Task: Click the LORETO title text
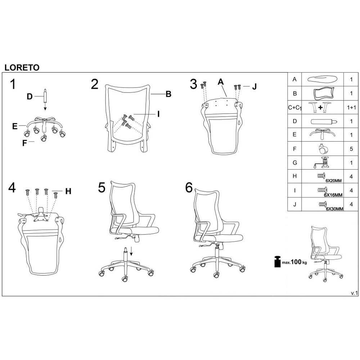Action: click(x=22, y=68)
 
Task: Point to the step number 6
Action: click(x=189, y=188)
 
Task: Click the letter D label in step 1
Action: click(x=30, y=96)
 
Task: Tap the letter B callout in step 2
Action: click(x=168, y=94)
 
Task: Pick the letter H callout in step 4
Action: click(x=68, y=191)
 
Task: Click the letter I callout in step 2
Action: click(x=158, y=114)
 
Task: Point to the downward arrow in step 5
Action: click(x=131, y=251)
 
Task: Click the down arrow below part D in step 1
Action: click(x=45, y=106)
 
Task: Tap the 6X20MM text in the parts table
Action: click(x=333, y=181)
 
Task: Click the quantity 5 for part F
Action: click(x=351, y=149)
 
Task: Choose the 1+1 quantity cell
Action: click(x=351, y=107)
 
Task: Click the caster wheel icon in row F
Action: click(x=323, y=149)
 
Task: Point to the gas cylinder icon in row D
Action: click(x=324, y=121)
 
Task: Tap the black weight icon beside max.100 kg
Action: click(x=278, y=262)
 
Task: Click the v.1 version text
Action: click(x=354, y=293)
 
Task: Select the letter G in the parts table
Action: click(x=295, y=163)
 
